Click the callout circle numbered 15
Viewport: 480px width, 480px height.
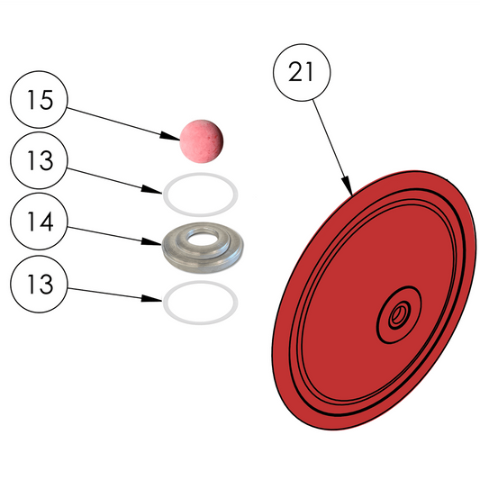click(39, 99)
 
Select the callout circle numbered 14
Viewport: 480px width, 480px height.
click(39, 222)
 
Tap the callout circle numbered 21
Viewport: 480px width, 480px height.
click(302, 72)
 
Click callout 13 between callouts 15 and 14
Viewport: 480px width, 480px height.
click(39, 160)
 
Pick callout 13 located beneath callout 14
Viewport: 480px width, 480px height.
click(39, 284)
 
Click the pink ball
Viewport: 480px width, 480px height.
click(201, 141)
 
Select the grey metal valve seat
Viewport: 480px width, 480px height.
click(203, 248)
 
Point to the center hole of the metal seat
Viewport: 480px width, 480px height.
click(202, 239)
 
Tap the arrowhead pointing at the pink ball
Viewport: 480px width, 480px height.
click(169, 137)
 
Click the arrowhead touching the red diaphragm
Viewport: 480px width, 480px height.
click(348, 186)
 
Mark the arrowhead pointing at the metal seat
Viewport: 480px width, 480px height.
click(151, 241)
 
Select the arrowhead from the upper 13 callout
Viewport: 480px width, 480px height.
click(151, 190)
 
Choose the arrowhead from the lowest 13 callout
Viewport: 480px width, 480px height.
click(151, 298)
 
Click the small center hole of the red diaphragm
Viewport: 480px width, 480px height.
click(398, 314)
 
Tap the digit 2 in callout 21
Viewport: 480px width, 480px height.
click(294, 72)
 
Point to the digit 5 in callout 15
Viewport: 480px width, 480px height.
click(46, 100)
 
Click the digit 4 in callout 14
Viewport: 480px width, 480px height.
click(46, 222)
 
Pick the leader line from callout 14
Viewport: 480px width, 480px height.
click(114, 236)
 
